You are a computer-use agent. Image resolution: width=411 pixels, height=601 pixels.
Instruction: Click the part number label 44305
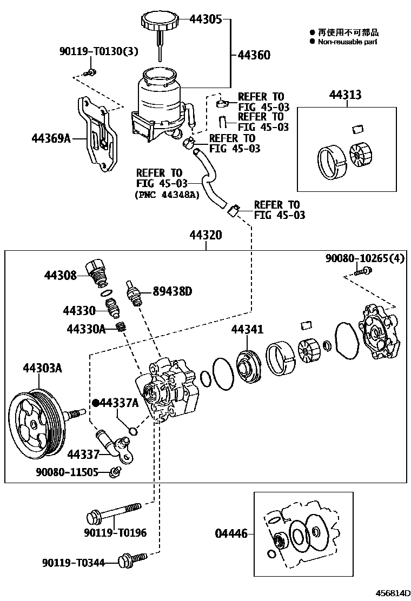[x=205, y=20]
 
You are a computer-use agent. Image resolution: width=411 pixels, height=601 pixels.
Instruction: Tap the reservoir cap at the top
[x=160, y=23]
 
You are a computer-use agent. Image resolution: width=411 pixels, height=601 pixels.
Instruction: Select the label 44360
[x=254, y=55]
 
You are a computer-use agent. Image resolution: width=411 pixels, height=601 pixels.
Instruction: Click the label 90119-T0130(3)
[x=99, y=52]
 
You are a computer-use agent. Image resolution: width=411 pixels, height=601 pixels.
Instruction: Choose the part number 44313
[x=345, y=96]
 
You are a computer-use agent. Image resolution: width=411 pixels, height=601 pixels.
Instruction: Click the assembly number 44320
[x=205, y=236]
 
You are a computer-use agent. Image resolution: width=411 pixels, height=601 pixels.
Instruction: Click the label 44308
[x=61, y=275]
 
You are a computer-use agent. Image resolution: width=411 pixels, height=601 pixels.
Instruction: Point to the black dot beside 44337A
[x=96, y=403]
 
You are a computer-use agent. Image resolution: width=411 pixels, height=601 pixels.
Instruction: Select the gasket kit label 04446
[x=230, y=534]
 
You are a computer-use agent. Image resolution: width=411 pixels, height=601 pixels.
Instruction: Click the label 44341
[x=247, y=329]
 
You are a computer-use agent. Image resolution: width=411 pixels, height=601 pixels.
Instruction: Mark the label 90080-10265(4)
[x=364, y=259]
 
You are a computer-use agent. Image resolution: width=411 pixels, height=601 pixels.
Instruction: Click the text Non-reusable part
[x=348, y=42]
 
